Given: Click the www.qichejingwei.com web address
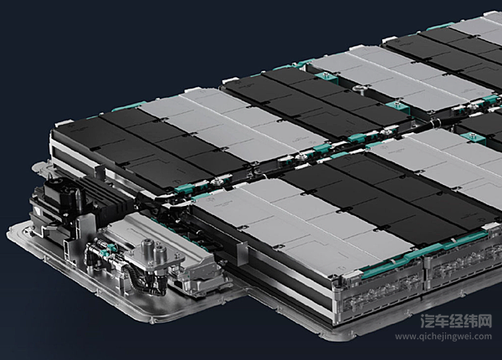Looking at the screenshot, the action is [x=443, y=337].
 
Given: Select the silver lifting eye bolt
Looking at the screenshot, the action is [x=359, y=90].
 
